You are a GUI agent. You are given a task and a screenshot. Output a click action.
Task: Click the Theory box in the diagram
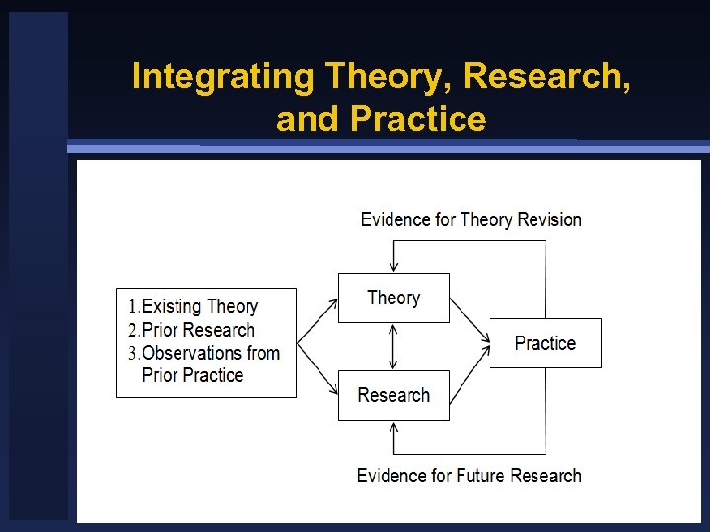pos(393,298)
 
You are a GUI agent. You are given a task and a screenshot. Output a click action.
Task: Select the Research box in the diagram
pos(393,395)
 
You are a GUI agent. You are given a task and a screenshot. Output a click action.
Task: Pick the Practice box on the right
pos(544,343)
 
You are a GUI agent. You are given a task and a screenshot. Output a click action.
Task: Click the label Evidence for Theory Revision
pos(470,219)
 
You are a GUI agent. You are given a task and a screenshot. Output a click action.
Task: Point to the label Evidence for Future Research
pos(468,475)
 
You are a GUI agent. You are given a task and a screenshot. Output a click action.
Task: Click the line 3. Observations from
pos(204,353)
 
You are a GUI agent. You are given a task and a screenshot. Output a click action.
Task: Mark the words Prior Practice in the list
pos(192,375)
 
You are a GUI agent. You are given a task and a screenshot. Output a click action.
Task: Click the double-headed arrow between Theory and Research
pos(393,347)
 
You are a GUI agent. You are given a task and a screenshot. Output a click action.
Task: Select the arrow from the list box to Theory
pos(317,316)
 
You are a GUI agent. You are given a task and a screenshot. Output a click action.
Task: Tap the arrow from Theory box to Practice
pos(469,320)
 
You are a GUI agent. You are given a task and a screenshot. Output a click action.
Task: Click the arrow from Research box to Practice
pos(469,368)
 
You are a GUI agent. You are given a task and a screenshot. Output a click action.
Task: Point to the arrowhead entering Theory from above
pos(393,267)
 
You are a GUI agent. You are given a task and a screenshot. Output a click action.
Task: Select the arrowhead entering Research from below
pos(393,427)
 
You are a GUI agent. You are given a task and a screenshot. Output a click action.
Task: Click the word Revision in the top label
pos(547,219)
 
